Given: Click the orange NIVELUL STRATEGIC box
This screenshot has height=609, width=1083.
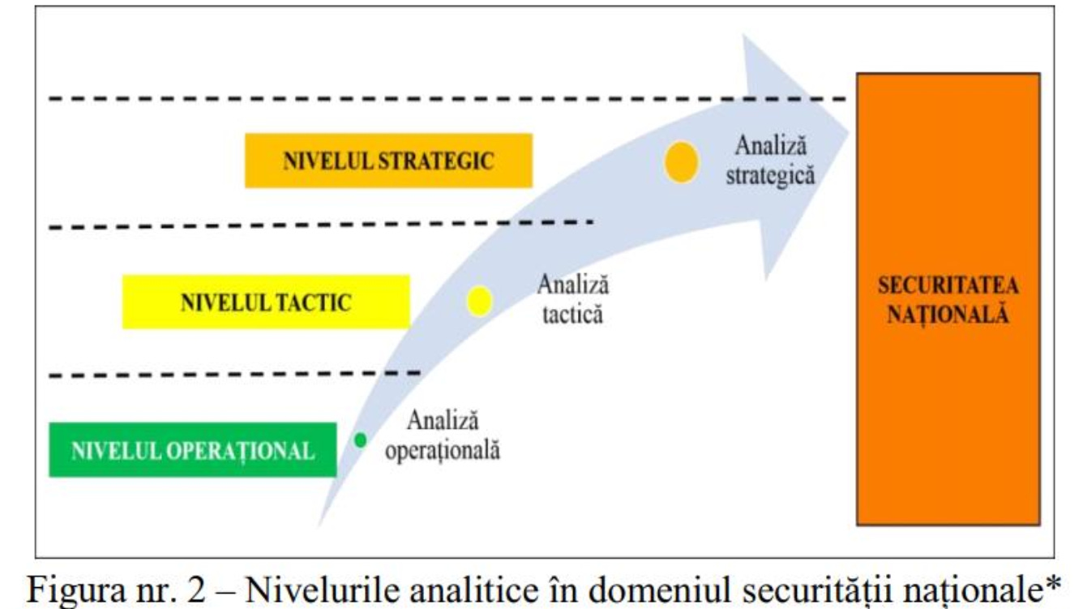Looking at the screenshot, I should coord(388,161).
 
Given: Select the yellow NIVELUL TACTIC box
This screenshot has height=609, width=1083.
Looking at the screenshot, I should coord(266,302).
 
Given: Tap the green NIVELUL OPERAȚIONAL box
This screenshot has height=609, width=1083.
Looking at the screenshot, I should coord(192,449).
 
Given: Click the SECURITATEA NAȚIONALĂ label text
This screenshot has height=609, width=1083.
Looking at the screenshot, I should coord(948,300).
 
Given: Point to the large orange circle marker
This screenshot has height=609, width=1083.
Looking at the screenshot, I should coord(681,161).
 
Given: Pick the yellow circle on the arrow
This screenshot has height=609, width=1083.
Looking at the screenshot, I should coord(479,301).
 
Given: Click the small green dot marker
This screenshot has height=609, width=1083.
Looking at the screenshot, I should coord(361,440).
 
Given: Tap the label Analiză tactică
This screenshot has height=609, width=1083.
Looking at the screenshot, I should coord(572,299).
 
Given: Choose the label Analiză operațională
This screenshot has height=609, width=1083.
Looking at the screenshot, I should coord(442,435).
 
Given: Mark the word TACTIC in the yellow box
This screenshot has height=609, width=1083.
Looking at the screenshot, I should coord(313,302).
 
